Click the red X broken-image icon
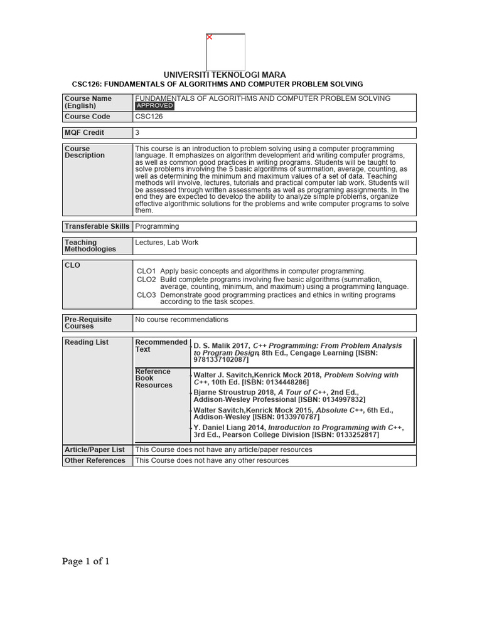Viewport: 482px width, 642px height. pyautogui.click(x=210, y=37)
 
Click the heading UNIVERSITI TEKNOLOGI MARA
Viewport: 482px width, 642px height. pyautogui.click(x=225, y=75)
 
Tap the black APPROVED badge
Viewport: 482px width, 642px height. pyautogui.click(x=155, y=106)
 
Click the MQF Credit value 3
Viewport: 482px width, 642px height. pyautogui.click(x=137, y=133)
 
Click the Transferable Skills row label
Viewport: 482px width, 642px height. pyautogui.click(x=97, y=226)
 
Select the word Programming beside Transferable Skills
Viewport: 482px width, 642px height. pyautogui.click(x=157, y=226)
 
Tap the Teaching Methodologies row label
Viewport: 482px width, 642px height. pyautogui.click(x=90, y=246)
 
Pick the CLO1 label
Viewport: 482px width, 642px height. pyautogui.click(x=146, y=271)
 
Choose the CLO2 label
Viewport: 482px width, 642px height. pyautogui.click(x=146, y=279)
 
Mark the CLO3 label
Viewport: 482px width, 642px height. pyautogui.click(x=146, y=294)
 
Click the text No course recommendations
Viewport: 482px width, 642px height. pyautogui.click(x=182, y=320)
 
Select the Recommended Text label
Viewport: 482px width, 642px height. pyautogui.click(x=161, y=345)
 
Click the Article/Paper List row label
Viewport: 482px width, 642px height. pyautogui.click(x=95, y=450)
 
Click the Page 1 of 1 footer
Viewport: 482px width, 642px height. pyautogui.click(x=86, y=561)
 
